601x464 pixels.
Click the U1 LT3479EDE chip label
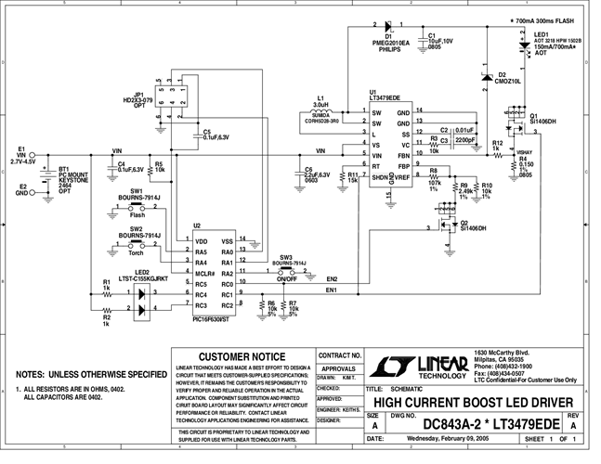pos(384,96)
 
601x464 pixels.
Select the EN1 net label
pos(333,290)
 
